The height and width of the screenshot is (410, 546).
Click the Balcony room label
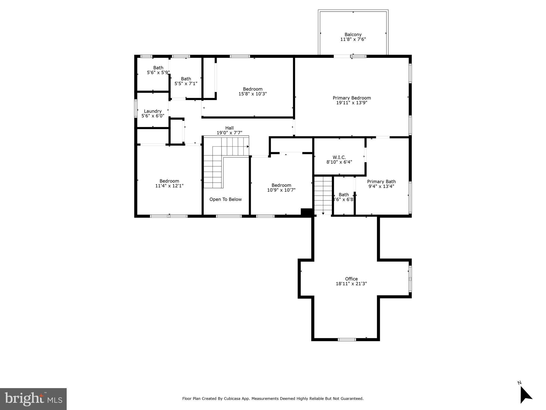pos(353,34)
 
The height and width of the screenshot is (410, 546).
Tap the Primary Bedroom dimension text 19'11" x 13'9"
pos(352,103)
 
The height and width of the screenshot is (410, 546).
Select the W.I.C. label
pos(339,157)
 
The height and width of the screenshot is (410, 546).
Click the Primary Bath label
pos(381,182)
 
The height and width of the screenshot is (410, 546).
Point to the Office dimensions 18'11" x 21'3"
pos(351,284)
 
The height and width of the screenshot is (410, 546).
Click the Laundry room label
pos(153,111)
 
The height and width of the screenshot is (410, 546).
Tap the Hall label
pos(229,128)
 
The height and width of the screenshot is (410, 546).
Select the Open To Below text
pos(225,199)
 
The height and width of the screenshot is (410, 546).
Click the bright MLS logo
pos(33,399)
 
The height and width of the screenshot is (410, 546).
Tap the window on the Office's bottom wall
pos(347,340)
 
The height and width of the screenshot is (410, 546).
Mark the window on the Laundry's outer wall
pos(136,108)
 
